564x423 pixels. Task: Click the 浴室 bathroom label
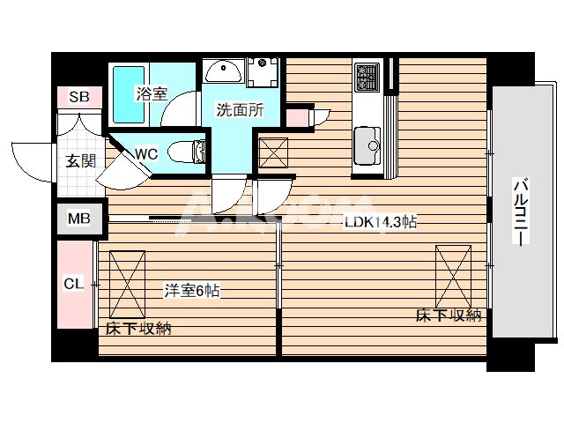151,93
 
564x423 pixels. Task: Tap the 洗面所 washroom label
241,111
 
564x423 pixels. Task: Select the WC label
146,153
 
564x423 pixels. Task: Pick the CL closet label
74,284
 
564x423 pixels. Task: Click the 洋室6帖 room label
190,290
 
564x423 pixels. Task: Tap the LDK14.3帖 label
380,224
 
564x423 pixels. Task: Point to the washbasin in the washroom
225,71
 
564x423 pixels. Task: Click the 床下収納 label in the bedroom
138,330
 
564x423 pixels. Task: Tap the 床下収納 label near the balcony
449,315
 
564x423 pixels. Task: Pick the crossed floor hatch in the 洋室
128,283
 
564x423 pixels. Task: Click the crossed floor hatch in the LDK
453,275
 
